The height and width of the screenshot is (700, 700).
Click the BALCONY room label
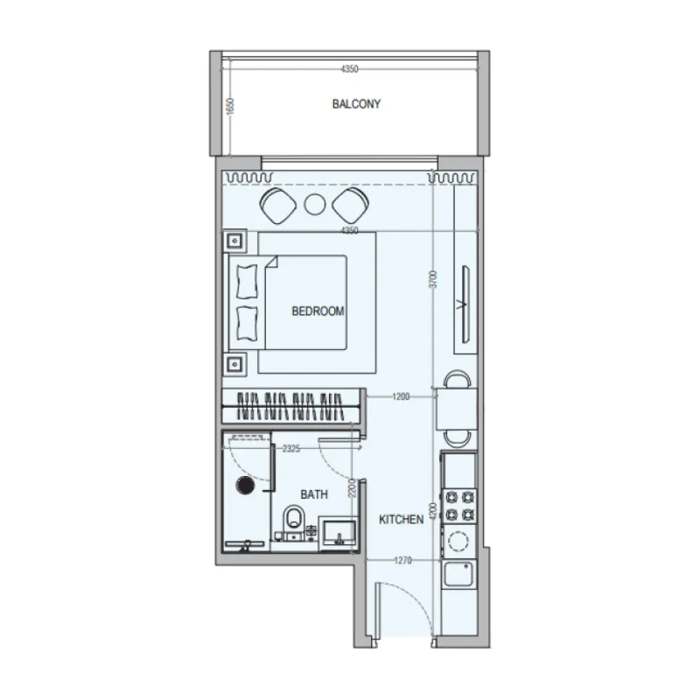tap(356, 104)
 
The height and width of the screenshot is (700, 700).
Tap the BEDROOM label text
tap(318, 311)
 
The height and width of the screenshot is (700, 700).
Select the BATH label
tap(314, 494)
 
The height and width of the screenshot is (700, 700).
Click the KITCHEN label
tap(401, 520)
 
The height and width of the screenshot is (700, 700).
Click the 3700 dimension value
tap(433, 280)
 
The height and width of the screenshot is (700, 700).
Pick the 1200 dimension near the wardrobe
tap(401, 396)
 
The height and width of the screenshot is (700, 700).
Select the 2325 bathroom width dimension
tap(291, 449)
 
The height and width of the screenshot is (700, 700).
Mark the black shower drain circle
tap(245, 486)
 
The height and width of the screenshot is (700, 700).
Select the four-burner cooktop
tap(460, 504)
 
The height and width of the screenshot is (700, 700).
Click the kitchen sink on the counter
tap(458, 576)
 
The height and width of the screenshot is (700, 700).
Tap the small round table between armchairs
tap(314, 204)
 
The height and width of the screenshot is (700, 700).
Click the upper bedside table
tap(235, 241)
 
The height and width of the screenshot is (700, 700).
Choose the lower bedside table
tap(235, 363)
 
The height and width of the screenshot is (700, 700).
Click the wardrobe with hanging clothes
tap(291, 405)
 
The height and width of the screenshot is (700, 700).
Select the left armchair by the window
tap(277, 204)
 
